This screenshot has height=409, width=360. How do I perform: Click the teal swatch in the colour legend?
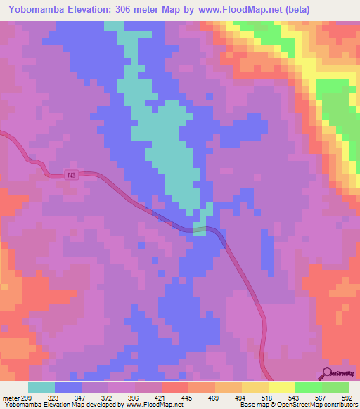[x=41, y=387]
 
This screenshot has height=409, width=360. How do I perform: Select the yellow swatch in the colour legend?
[x=281, y=387]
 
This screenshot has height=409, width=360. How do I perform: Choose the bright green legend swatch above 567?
[x=308, y=387]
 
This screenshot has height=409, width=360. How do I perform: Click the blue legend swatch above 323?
[x=68, y=387]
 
